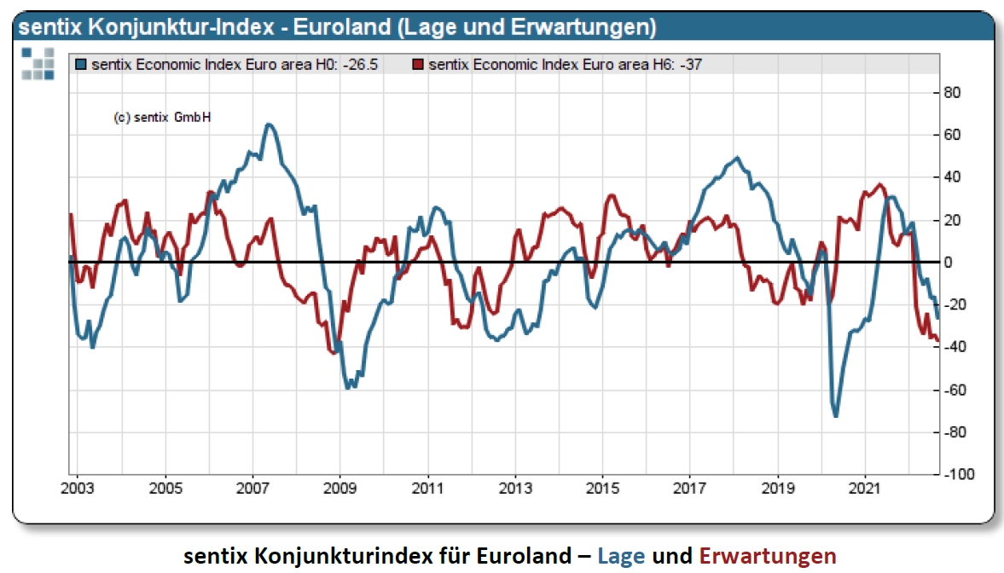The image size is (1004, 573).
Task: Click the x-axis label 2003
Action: click(x=78, y=490)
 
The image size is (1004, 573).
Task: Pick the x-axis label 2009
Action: click(x=340, y=490)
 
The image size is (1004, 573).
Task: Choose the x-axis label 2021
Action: click(x=865, y=490)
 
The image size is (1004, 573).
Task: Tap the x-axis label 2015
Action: click(x=602, y=490)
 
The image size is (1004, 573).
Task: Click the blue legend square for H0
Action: click(x=81, y=64)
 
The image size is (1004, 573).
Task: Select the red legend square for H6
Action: click(x=418, y=64)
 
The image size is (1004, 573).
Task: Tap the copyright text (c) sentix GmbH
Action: click(x=161, y=118)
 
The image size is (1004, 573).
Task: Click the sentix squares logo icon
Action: click(x=38, y=64)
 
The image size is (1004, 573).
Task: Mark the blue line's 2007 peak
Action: click(x=269, y=124)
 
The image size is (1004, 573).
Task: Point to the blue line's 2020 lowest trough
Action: click(x=835, y=416)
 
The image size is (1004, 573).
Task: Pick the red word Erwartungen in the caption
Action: click(x=767, y=556)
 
